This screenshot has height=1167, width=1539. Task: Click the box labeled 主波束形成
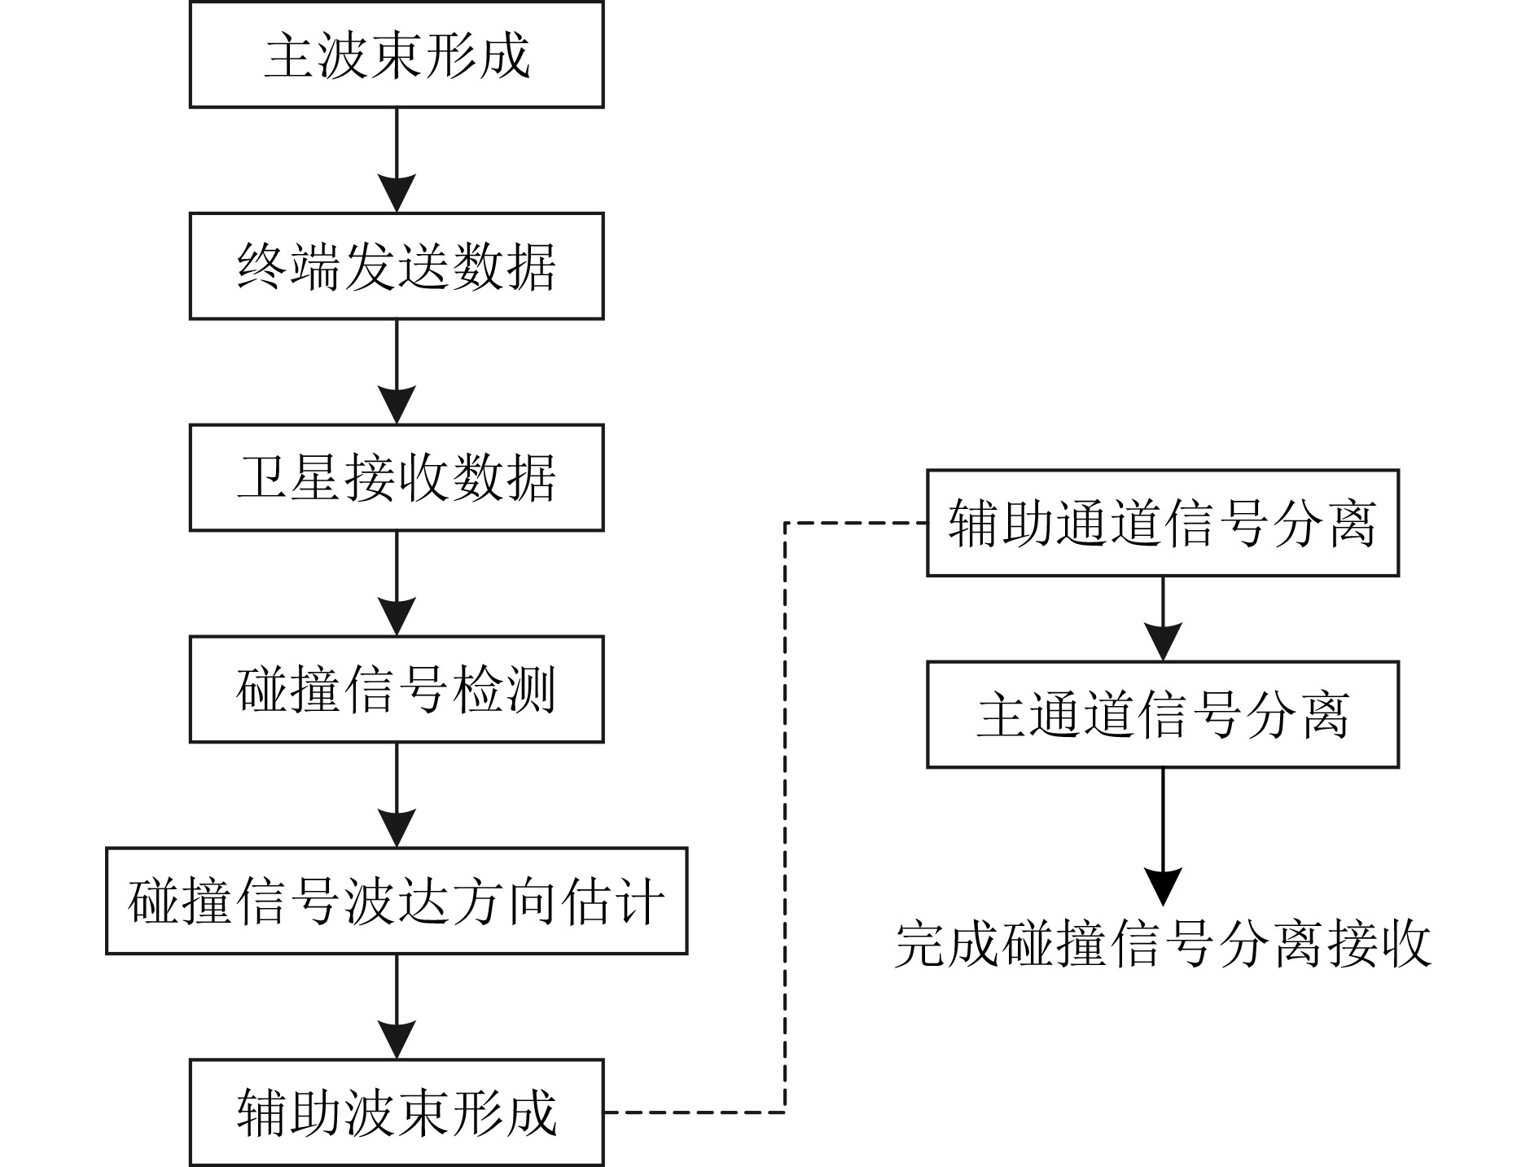tap(397, 54)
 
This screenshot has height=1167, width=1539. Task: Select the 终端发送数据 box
tap(397, 266)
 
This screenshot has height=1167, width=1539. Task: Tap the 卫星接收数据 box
tap(397, 478)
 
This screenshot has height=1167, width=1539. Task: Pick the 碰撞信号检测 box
tap(397, 690)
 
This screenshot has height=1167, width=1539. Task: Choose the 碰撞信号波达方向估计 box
tap(397, 901)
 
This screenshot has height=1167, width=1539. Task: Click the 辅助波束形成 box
tap(397, 1112)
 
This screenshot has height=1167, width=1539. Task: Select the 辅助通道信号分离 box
tap(1163, 523)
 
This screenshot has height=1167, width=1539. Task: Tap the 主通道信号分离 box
tap(1163, 714)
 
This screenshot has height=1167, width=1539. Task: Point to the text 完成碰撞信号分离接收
tap(1163, 945)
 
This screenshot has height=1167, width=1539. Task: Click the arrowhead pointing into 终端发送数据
tap(397, 194)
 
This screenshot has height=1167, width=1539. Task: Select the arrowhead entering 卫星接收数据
tap(397, 406)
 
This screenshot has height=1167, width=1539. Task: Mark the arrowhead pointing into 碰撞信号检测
tap(397, 617)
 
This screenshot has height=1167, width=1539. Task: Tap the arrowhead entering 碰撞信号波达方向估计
tap(397, 829)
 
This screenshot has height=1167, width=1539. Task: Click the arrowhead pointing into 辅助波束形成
tap(397, 1041)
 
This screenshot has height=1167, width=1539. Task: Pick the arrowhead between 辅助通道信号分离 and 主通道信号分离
tap(1163, 643)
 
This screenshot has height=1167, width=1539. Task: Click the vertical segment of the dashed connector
tap(785, 818)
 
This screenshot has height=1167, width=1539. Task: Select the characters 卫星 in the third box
tap(289, 478)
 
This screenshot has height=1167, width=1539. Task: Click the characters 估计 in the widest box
tap(612, 902)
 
